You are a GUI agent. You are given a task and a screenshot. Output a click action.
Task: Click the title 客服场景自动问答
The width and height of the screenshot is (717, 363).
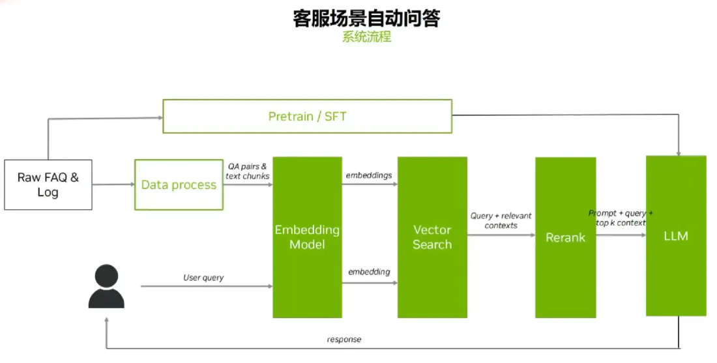click(366, 18)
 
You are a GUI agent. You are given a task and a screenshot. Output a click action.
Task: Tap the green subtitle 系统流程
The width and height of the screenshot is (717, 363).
click(366, 36)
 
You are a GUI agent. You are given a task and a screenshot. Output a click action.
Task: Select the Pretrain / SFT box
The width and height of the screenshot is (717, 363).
click(307, 117)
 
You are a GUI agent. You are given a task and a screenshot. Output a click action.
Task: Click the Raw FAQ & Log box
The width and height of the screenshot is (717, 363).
click(48, 184)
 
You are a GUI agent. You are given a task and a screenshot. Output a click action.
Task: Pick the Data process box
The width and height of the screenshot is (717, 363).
click(179, 185)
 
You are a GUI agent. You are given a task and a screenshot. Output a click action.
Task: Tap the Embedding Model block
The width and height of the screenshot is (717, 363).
click(307, 237)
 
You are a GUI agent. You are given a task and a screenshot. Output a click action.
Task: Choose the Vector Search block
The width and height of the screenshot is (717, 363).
click(432, 237)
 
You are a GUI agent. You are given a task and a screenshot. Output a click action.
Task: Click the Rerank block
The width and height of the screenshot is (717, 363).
click(565, 237)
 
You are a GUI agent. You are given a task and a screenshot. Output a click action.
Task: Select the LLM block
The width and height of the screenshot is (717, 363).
click(676, 236)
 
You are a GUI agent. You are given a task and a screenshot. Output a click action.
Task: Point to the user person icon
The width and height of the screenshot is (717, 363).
click(106, 287)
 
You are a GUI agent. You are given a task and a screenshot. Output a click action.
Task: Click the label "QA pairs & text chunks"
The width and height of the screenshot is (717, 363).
click(248, 171)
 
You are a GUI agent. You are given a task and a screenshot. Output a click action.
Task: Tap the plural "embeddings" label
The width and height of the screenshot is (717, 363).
click(368, 175)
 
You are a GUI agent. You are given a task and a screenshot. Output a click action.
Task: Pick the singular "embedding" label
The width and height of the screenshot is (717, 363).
click(369, 271)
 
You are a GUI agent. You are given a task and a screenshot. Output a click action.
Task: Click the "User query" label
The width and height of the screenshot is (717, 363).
click(203, 278)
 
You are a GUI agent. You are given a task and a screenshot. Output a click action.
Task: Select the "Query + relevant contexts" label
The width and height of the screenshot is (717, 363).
click(501, 220)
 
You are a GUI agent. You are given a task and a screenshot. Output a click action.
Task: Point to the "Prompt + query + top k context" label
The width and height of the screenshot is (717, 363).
click(621, 218)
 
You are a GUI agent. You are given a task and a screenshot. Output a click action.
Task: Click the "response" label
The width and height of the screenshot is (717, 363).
click(344, 340)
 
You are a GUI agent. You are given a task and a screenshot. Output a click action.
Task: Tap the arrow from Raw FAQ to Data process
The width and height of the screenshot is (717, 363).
click(113, 185)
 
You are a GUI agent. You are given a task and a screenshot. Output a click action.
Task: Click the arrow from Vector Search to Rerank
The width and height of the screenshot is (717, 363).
click(501, 235)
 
